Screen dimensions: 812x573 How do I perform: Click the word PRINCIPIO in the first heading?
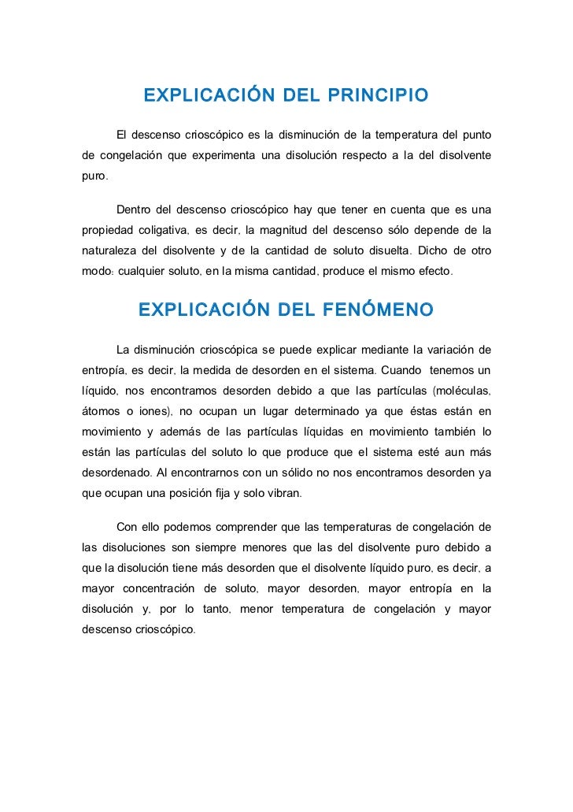373,96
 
